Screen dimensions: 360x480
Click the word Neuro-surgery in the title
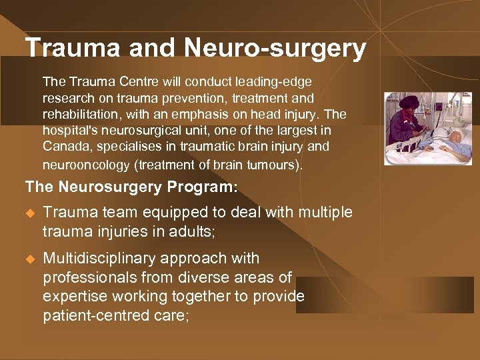pos(275,48)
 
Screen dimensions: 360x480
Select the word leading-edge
pos(279,81)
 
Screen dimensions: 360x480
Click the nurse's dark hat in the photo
pos(405,103)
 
